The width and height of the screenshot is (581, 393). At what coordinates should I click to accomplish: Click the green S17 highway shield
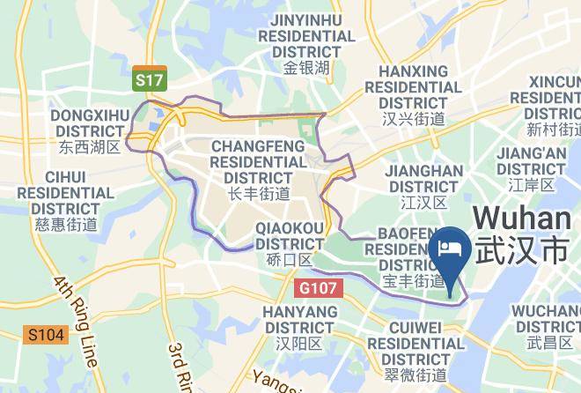point(150,80)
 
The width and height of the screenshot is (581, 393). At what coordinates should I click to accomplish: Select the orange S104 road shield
point(44,335)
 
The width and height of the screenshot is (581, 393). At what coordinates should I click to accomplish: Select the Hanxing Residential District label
point(413,87)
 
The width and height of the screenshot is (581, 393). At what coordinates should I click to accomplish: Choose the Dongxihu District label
point(90,122)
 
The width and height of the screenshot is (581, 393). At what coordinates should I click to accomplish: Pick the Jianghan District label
point(425,178)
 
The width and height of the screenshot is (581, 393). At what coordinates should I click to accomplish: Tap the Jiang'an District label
point(531,160)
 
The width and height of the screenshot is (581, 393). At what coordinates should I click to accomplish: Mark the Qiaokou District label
point(290,235)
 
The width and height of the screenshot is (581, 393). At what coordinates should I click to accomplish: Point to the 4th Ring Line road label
point(76,319)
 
